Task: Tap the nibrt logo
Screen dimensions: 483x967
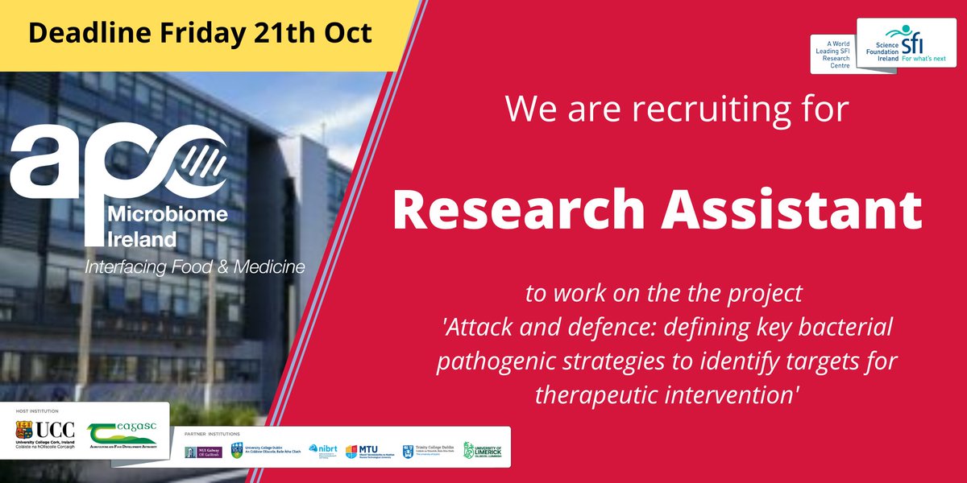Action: point(322,451)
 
